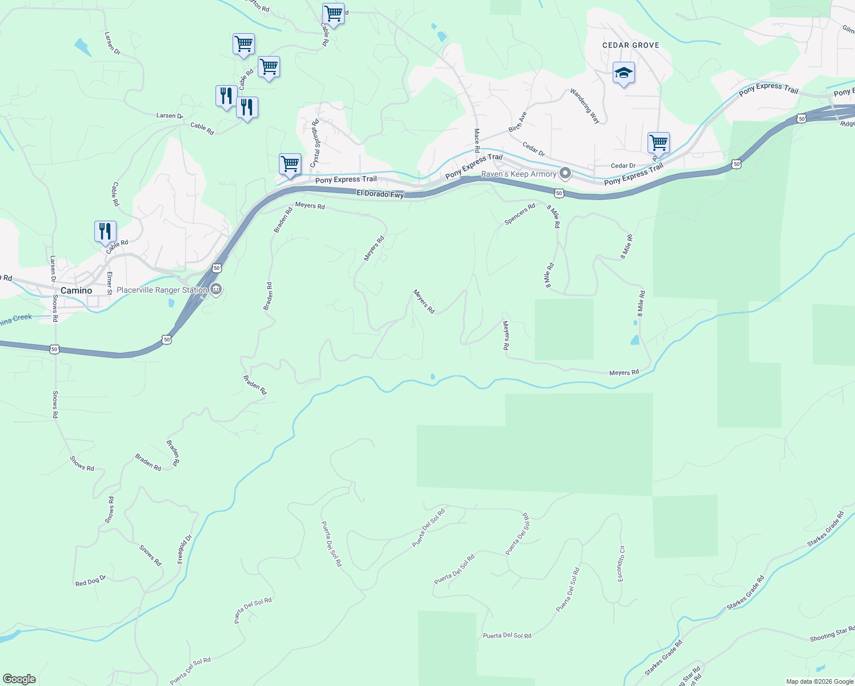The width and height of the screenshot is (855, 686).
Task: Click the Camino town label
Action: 76,290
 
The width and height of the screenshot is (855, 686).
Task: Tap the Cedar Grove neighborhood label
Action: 630,45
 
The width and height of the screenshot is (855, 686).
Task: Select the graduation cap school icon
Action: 624,73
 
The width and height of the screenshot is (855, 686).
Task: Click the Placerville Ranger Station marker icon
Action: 216,290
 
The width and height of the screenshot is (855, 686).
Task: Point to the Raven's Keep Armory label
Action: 518,174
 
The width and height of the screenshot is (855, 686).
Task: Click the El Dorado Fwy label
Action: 380,194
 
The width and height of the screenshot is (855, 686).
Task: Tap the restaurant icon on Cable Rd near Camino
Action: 105,232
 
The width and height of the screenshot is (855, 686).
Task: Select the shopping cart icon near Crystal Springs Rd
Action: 290,164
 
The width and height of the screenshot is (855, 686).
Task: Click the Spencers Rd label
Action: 520,214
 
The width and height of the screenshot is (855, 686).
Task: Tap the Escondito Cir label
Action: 621,564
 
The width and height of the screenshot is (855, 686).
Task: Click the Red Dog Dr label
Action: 91,581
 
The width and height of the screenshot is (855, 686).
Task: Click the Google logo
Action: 19,679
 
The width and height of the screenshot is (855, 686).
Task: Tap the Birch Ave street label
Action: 518,122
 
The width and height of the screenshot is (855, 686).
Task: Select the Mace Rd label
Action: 477,140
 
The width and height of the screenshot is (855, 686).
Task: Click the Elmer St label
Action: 109,283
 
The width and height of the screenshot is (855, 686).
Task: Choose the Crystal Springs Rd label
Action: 314,143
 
